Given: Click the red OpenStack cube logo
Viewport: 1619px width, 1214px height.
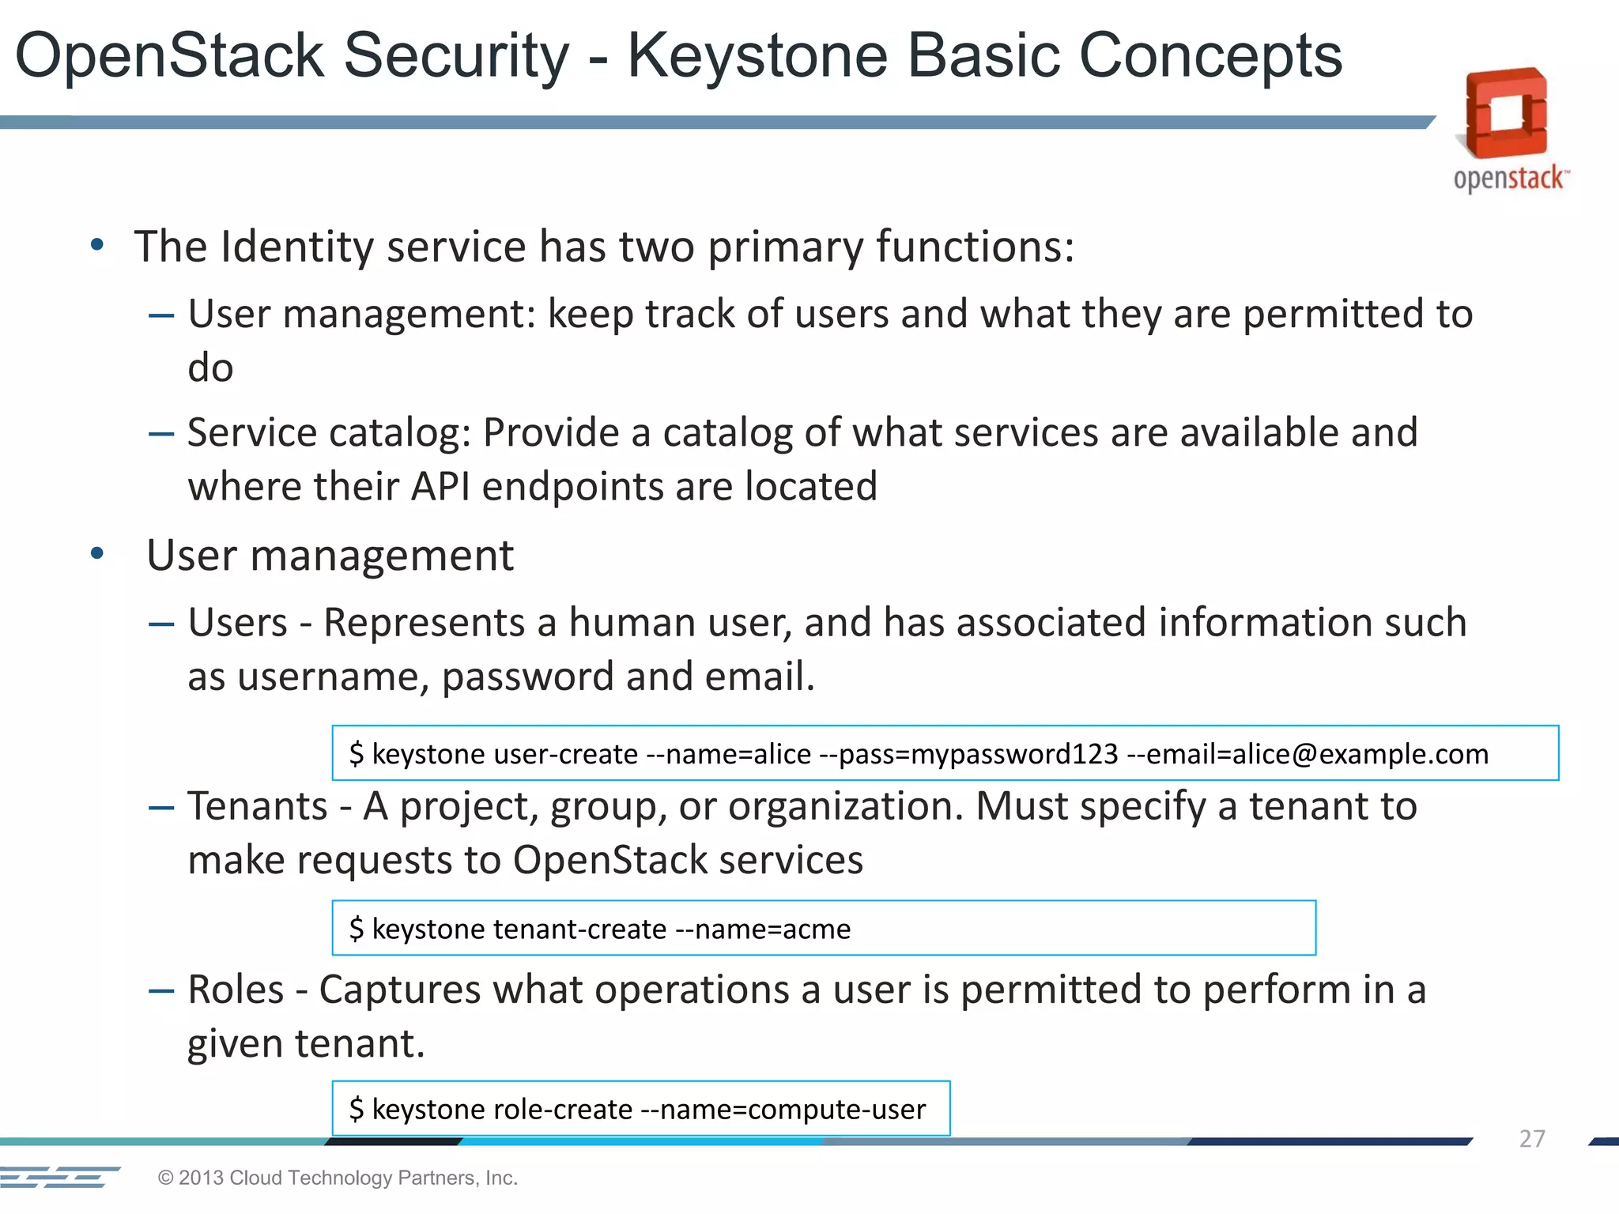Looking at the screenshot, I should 1506,114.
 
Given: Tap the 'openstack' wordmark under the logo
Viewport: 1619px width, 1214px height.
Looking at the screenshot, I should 1508,178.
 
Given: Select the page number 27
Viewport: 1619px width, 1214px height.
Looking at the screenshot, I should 1531,1138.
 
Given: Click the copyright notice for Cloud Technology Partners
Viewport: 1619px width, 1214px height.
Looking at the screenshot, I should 338,1178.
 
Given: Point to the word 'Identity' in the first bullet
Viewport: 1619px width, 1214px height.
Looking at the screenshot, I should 292,247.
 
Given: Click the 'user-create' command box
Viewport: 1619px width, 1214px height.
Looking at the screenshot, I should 945,753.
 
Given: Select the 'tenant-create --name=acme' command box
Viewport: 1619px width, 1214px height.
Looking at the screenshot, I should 823,928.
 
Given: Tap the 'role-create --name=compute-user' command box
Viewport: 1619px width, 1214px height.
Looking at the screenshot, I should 640,1109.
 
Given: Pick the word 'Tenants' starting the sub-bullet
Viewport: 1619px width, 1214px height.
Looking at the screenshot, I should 258,807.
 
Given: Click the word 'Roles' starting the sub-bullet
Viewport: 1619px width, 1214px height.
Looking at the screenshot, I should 236,990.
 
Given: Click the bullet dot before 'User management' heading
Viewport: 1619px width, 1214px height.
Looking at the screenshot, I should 97,554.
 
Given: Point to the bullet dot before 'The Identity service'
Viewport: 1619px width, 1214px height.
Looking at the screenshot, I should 97,245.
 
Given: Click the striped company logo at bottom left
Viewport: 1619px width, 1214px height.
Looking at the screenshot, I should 59,1177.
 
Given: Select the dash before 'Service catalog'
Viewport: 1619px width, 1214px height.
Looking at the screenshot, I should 161,434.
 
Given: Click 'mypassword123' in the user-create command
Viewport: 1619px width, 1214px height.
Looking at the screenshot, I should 1014,754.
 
